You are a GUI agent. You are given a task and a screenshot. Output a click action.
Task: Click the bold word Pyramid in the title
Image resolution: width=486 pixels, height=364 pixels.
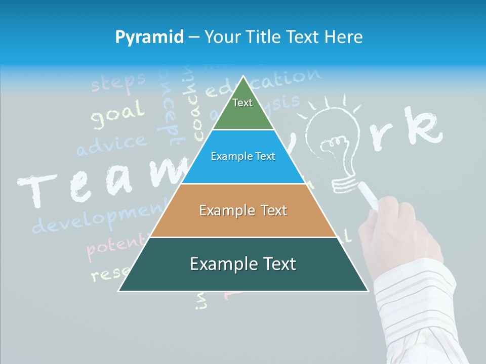(x=149, y=37)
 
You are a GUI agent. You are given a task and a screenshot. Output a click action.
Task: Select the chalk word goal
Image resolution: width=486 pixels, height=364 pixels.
(x=117, y=115)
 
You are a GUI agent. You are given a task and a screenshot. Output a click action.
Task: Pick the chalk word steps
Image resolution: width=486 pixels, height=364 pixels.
(x=117, y=82)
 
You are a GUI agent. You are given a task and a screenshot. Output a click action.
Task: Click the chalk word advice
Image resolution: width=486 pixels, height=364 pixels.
(x=111, y=144)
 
